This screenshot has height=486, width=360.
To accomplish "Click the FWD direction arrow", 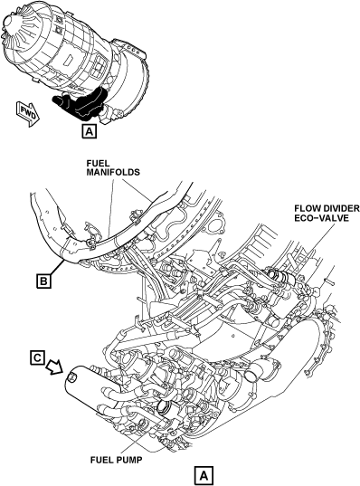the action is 28,114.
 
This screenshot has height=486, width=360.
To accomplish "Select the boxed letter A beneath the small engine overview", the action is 89,131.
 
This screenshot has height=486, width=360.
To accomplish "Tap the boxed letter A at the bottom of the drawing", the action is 204,475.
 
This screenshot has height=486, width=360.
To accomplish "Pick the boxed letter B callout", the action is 43,281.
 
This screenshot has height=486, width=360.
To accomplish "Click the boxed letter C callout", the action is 37,358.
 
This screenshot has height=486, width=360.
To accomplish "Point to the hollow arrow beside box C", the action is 54,368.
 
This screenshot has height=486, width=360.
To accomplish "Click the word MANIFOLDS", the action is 113,172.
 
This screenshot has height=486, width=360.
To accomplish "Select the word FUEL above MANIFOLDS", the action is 98,163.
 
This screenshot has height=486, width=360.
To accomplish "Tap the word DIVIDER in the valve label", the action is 338,208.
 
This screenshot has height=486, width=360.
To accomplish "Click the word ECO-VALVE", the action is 322,218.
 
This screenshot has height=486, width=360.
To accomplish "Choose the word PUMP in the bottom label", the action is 129,460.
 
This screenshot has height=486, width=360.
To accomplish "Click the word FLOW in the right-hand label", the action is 305,208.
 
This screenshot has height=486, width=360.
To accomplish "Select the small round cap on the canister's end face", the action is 71,376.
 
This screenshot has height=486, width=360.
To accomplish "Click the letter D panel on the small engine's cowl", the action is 67,60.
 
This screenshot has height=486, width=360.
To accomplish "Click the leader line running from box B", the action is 56,268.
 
